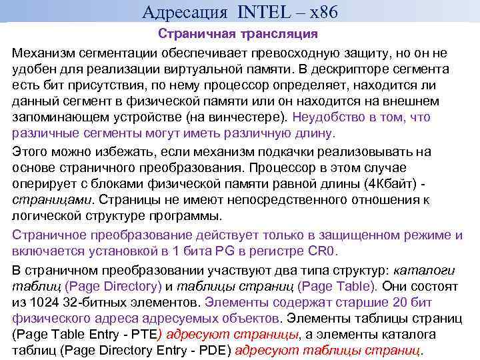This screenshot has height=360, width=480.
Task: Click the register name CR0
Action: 322,251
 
